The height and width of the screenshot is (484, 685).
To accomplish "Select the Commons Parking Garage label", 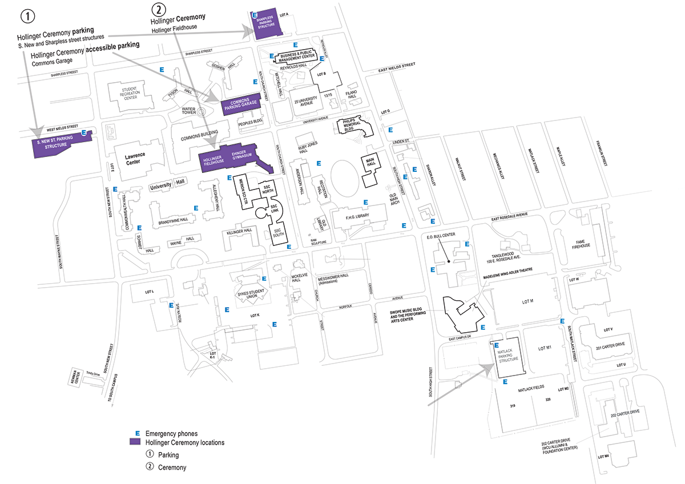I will (x=240, y=105).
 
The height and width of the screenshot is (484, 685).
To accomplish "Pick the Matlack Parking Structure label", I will (x=508, y=357).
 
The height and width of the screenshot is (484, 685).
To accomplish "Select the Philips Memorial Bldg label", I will (x=352, y=125).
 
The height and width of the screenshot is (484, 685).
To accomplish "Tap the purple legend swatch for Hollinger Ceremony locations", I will (x=135, y=442).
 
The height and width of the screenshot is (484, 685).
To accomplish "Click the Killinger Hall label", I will (x=240, y=231).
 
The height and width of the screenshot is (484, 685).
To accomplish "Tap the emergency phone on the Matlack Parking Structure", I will (x=495, y=345).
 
